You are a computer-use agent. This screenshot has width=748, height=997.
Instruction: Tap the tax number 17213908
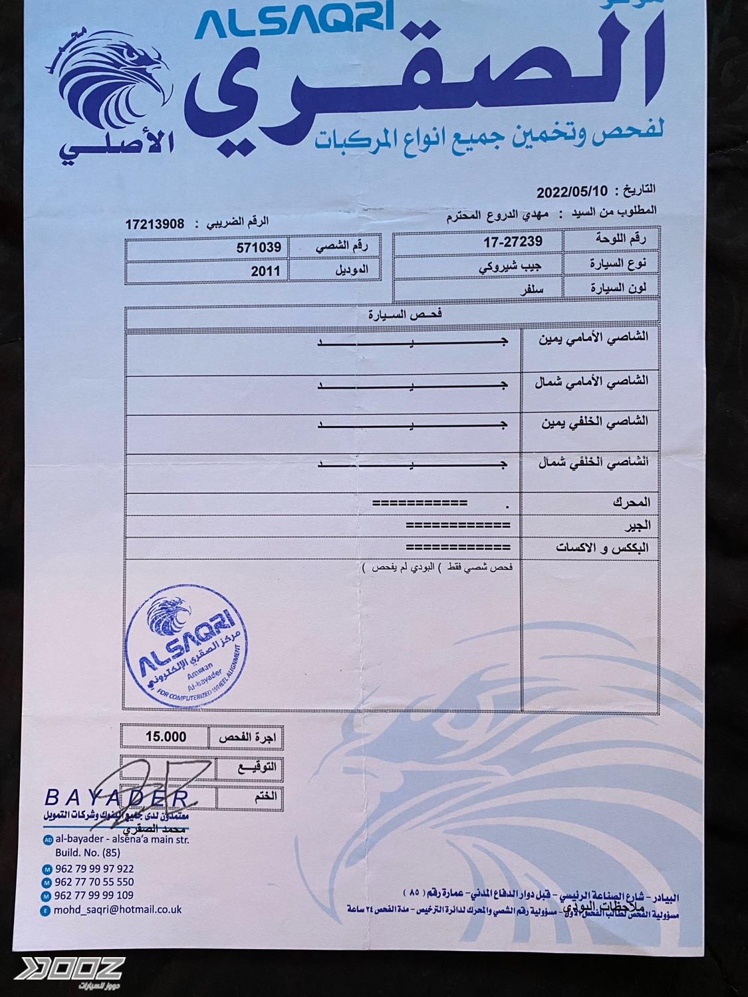pyautogui.click(x=154, y=224)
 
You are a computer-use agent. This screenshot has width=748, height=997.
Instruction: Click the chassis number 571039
pyautogui.click(x=259, y=247)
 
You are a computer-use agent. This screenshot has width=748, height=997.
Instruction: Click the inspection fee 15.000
pyautogui.click(x=166, y=736)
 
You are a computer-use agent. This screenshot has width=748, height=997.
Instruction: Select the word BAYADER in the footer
pyautogui.click(x=116, y=797)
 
